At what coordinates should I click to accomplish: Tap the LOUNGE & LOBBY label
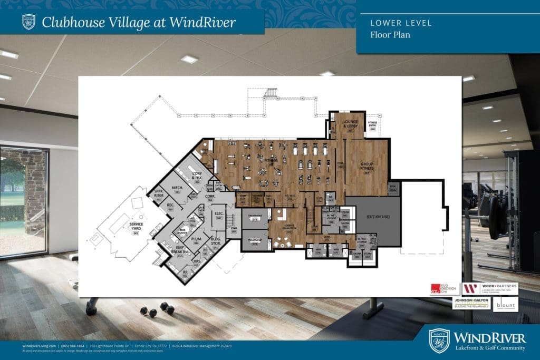(350, 124)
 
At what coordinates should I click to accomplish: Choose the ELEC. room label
(218, 213)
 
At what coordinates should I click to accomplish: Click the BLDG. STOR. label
(215, 241)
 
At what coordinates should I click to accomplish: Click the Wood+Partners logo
(490, 288)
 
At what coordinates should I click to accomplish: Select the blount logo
(505, 305)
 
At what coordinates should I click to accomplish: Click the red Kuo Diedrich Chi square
(435, 288)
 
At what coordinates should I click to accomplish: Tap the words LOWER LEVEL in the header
(393, 23)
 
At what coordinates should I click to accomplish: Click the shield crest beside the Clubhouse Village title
(28, 22)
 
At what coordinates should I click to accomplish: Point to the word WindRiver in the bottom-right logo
(490, 338)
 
